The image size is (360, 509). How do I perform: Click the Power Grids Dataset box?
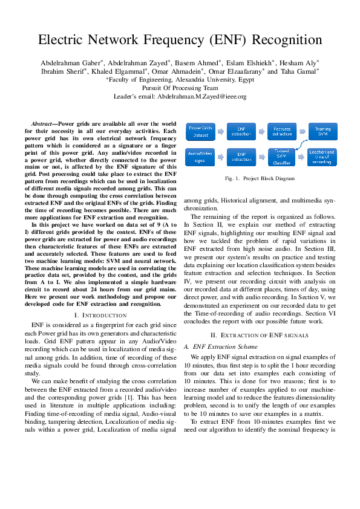[200, 131]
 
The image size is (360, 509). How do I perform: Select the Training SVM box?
[322, 131]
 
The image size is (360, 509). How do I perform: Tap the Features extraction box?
[282, 131]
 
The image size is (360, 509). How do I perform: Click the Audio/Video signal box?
[200, 157]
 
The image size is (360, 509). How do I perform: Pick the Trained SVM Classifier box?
[282, 157]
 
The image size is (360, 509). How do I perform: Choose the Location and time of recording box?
[322, 157]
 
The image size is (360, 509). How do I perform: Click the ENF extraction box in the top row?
[241, 131]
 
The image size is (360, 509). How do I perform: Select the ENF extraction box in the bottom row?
[241, 157]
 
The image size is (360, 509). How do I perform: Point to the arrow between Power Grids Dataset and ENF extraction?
[221, 131]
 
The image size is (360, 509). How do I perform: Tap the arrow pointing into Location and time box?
[303, 157]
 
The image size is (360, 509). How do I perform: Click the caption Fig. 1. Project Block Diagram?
[260, 178]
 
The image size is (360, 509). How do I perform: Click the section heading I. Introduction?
[100, 315]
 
